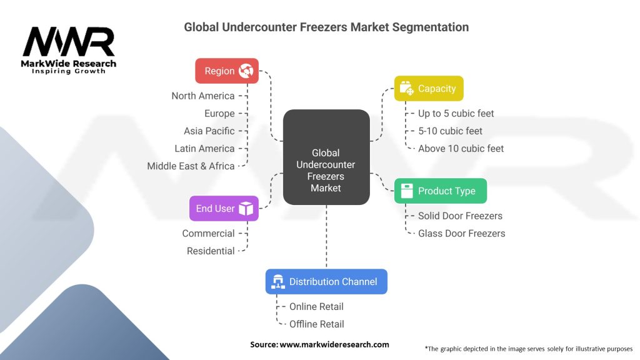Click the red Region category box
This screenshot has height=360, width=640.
(226, 71)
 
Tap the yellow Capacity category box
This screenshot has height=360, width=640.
(429, 89)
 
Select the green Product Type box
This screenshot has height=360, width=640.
(440, 191)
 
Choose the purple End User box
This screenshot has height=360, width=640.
(224, 209)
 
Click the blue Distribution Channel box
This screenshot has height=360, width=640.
(326, 282)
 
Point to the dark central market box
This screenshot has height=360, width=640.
(326, 157)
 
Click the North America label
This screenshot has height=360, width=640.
(203, 96)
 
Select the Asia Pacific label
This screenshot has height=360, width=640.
(209, 131)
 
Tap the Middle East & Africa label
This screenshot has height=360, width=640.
(191, 166)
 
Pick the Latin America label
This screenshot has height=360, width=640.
(204, 149)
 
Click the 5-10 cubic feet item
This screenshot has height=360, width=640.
(450, 131)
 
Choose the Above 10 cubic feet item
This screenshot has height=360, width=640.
(461, 149)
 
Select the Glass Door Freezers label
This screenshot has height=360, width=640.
(461, 234)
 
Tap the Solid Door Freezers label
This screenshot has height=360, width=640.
(460, 216)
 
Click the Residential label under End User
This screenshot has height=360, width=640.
(211, 251)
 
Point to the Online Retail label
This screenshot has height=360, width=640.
(316, 307)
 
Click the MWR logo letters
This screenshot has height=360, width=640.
(69, 42)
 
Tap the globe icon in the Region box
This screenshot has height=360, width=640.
(246, 71)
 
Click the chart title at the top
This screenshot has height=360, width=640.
(326, 27)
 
